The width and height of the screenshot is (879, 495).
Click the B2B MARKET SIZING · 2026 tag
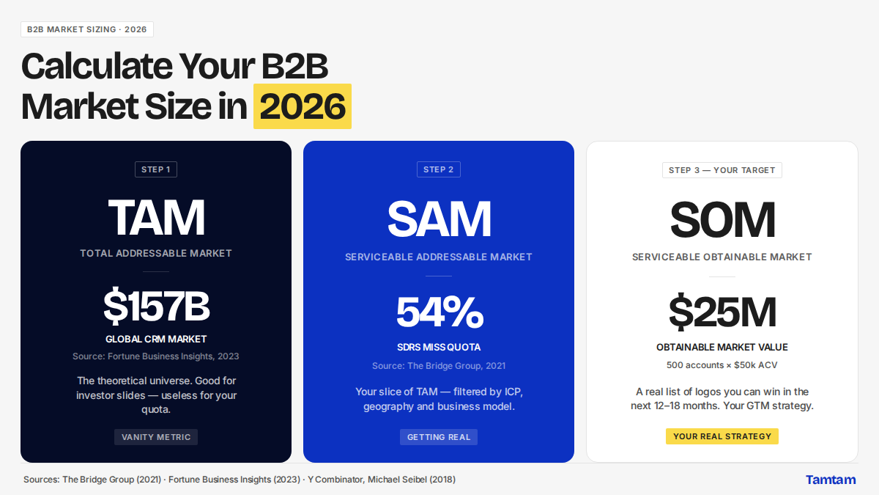[86, 29]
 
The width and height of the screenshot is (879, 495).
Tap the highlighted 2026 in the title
[302, 106]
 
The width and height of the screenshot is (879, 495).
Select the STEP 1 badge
[156, 169]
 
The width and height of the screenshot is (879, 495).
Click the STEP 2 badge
[438, 169]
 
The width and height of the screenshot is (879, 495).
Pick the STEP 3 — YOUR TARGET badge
[722, 170]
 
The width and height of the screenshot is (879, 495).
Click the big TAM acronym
[156, 217]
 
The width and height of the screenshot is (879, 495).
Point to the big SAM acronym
[439, 219]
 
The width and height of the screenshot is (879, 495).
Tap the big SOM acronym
[722, 219]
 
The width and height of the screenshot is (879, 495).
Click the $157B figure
[156, 306]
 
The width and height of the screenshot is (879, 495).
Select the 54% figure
[439, 312]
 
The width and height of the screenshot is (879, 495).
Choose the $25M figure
[722, 312]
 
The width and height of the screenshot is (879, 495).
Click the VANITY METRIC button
[156, 437]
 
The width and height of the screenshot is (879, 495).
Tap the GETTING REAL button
[439, 437]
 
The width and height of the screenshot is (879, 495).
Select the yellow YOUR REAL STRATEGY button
[722, 436]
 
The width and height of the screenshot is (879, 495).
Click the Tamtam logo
[831, 480]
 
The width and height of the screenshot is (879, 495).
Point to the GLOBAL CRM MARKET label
[156, 339]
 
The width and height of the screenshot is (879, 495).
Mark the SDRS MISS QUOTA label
[439, 348]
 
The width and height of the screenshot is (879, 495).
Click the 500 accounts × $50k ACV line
[722, 365]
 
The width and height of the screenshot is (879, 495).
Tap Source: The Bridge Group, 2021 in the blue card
[439, 366]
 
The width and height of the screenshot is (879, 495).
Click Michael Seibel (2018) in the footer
[412, 480]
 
